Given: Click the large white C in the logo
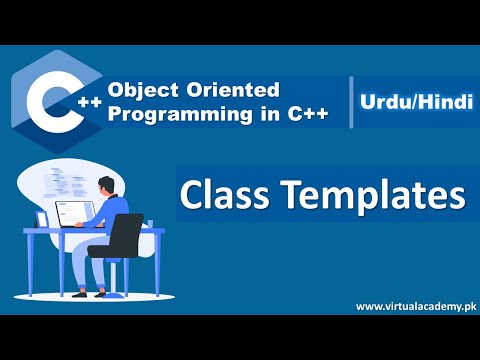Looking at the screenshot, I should tap(48, 100).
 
